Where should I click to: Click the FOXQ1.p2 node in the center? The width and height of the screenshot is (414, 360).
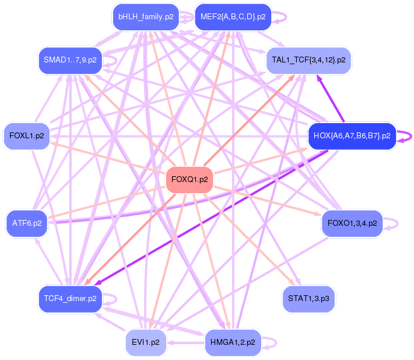(x=190, y=180)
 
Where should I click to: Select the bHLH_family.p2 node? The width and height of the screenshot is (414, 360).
(x=145, y=17)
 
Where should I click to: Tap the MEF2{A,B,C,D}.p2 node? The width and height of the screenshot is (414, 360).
(x=233, y=17)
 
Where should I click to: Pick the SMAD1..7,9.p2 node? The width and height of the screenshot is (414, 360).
(x=69, y=60)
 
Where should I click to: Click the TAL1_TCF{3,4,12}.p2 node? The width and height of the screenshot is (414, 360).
(x=308, y=60)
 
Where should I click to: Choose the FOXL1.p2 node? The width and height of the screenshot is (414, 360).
(x=27, y=136)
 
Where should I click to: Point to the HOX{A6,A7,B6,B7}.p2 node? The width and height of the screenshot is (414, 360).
(x=352, y=136)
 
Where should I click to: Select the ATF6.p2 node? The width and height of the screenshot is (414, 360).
(x=27, y=223)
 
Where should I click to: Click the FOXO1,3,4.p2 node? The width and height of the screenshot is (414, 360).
(x=352, y=223)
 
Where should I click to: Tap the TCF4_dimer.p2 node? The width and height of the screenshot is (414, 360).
(x=69, y=299)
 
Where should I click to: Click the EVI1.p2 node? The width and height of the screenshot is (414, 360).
(x=146, y=342)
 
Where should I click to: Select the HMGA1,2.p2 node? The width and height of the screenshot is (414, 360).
(x=233, y=342)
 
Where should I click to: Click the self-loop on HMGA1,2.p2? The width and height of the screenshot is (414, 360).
(x=270, y=342)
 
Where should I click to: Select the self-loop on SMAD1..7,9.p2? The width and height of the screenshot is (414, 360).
(x=113, y=60)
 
